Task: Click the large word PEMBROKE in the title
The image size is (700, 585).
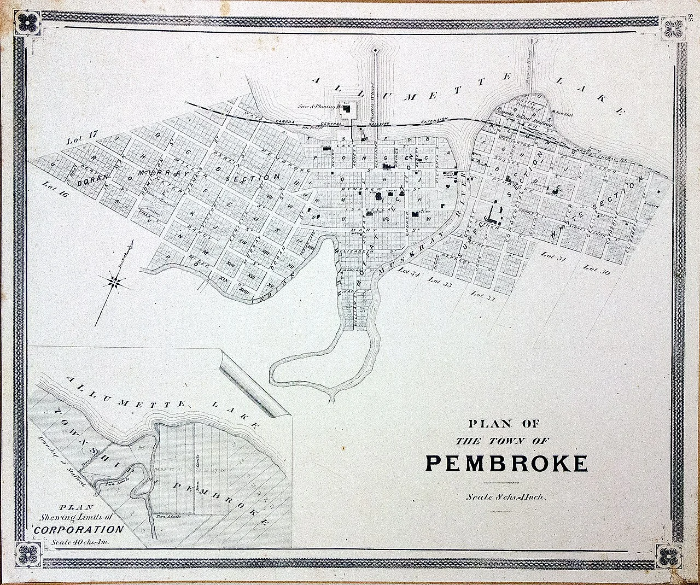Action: [x=507, y=463]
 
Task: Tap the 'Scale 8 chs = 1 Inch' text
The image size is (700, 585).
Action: [x=503, y=497]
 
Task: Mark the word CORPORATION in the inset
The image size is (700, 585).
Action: [x=79, y=529]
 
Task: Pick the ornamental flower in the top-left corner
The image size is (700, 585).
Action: [x=26, y=22]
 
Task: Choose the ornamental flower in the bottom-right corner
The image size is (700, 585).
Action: [x=669, y=557]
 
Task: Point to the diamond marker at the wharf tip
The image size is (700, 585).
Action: [x=376, y=51]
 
